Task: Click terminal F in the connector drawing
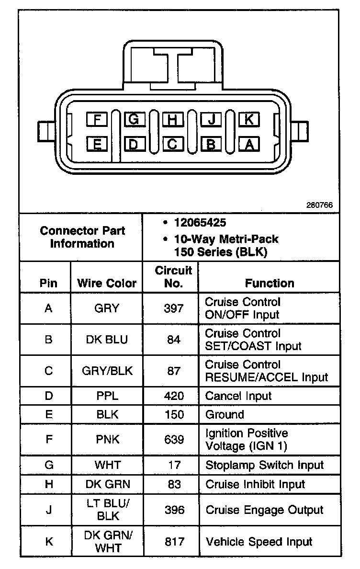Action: pos(97,119)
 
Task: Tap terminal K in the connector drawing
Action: pos(249,119)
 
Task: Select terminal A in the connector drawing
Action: pos(249,143)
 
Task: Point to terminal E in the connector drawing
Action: pos(97,143)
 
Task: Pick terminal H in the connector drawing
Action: pos(173,119)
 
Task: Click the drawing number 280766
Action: pos(319,205)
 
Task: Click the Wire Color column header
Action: pos(107,283)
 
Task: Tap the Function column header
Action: pos(270,283)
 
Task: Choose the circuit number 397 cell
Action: pos(174,308)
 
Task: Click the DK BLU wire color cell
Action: pos(107,340)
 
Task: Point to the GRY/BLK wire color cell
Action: pos(107,371)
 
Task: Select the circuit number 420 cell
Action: pos(174,396)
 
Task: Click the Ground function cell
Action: pos(225,415)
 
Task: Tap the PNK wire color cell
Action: pos(107,440)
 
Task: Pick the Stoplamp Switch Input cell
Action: pos(264,465)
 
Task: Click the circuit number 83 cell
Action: pos(174,484)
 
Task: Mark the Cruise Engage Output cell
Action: pos(264,510)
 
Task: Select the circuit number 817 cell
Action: pos(174,542)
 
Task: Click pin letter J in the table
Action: pos(48,510)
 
